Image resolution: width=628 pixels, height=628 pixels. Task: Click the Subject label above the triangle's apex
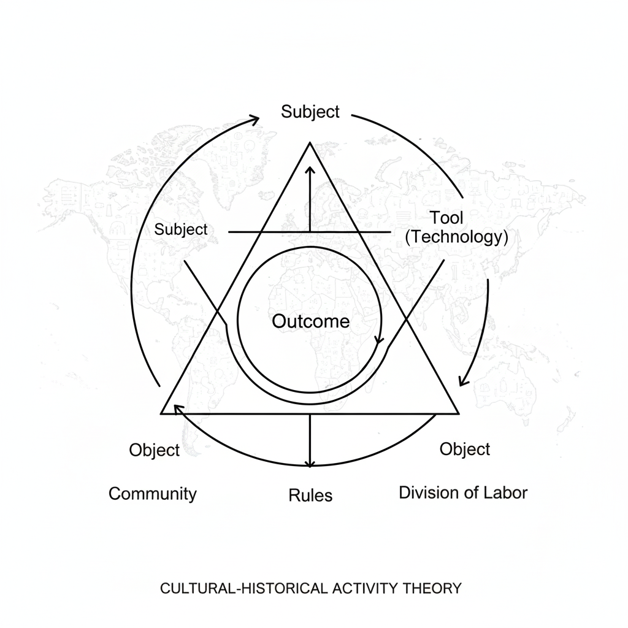pyautogui.click(x=310, y=112)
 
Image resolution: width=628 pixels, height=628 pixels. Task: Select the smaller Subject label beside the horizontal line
pyautogui.click(x=181, y=230)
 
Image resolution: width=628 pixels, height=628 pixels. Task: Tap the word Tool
pyautogui.click(x=446, y=217)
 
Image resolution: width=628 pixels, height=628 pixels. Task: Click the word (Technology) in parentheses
pyautogui.click(x=456, y=237)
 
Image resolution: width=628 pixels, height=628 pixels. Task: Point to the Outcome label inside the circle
pyautogui.click(x=310, y=321)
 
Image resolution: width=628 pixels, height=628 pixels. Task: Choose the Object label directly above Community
pyautogui.click(x=155, y=450)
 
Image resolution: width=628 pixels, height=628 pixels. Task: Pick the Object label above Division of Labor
pyautogui.click(x=465, y=449)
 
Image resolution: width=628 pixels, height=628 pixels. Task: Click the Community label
pyautogui.click(x=153, y=494)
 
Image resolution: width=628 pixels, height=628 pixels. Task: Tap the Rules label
pyautogui.click(x=310, y=495)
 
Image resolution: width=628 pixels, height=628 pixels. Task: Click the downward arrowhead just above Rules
pyautogui.click(x=310, y=463)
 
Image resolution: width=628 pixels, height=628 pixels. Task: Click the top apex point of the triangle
pyautogui.click(x=310, y=143)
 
